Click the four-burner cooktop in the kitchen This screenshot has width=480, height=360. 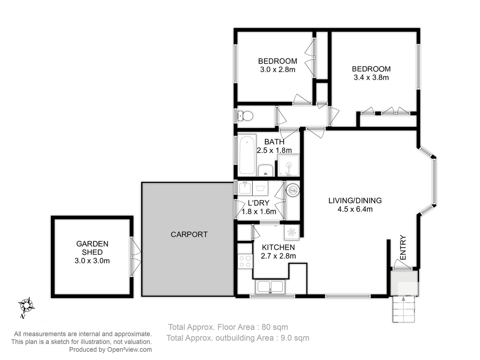tap(245, 262)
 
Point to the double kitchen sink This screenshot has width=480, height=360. tap(270, 286)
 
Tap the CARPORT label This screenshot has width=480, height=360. tap(189, 234)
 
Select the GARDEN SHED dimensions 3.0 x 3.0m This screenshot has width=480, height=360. tap(92, 261)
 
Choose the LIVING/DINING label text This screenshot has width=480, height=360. tap(355, 200)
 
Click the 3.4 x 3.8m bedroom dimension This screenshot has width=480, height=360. tap(371, 77)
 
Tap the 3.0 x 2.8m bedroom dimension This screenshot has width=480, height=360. tap(278, 70)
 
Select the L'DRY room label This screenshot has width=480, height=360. tap(258, 203)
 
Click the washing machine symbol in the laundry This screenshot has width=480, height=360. tap(260, 188)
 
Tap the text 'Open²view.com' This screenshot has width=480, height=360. tap(130, 350)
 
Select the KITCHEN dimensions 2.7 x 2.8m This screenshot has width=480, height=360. tap(278, 256)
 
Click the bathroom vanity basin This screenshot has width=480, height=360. tap(266, 170)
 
